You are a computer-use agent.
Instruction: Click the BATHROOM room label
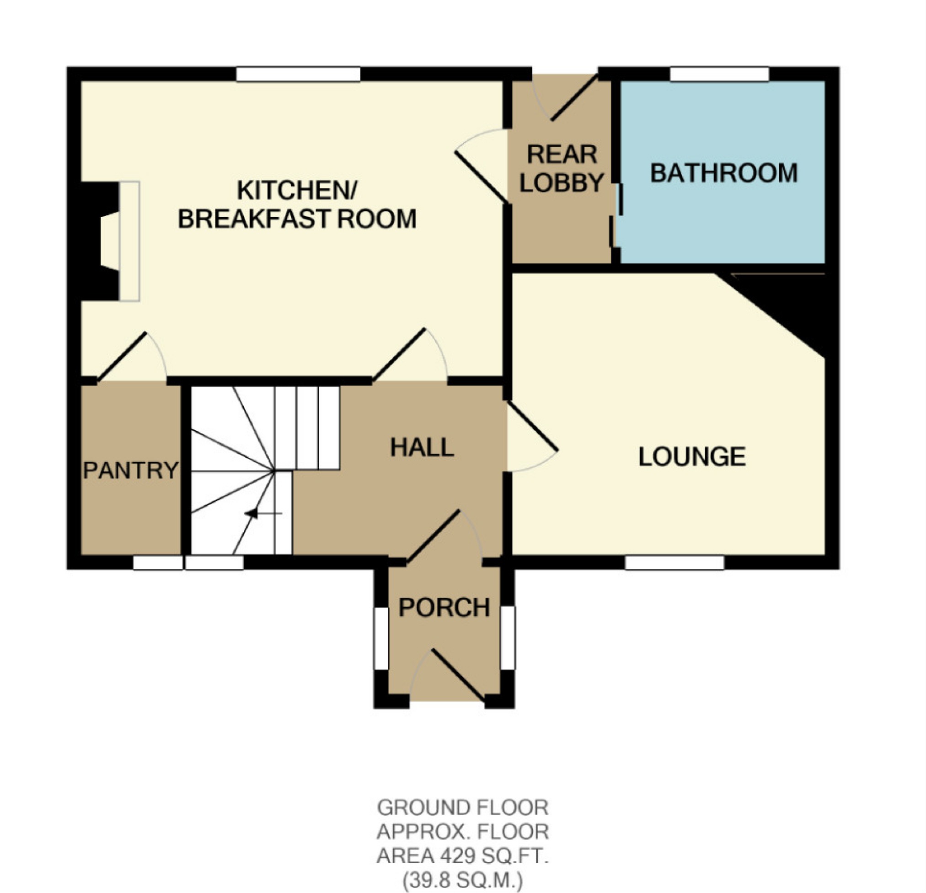click(724, 173)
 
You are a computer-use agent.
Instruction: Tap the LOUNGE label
click(692, 457)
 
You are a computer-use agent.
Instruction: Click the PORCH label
click(444, 607)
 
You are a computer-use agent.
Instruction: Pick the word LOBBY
click(562, 182)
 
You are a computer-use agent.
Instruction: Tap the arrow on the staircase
click(253, 513)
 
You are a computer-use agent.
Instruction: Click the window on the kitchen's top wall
click(298, 74)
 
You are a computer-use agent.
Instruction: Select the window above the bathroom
click(720, 74)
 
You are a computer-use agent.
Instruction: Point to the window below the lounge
click(674, 563)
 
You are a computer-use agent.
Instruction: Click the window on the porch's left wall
click(381, 638)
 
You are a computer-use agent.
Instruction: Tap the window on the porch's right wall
click(508, 638)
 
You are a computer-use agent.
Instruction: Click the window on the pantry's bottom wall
click(158, 563)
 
